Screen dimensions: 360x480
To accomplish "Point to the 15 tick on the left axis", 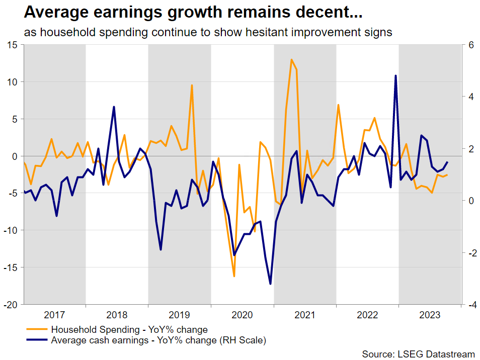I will [11, 45].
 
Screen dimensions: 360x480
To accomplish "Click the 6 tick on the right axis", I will [471, 45].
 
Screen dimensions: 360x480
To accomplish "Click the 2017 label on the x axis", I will [54, 315].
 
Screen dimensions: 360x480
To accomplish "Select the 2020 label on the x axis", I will [242, 315].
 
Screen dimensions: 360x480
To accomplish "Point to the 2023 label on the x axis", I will [430, 315].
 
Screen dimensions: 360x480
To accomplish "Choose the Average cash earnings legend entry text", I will [158, 340].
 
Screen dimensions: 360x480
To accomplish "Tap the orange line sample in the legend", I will [37, 330].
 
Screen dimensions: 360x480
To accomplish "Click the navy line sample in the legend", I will [37, 340].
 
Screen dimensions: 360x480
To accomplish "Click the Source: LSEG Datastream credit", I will [419, 354].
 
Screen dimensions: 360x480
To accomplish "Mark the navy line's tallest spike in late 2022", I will [395, 76].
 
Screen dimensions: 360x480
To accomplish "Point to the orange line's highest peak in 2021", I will [291, 60].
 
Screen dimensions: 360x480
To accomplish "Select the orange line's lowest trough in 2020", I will [234, 276].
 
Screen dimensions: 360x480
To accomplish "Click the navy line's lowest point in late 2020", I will [271, 284].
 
